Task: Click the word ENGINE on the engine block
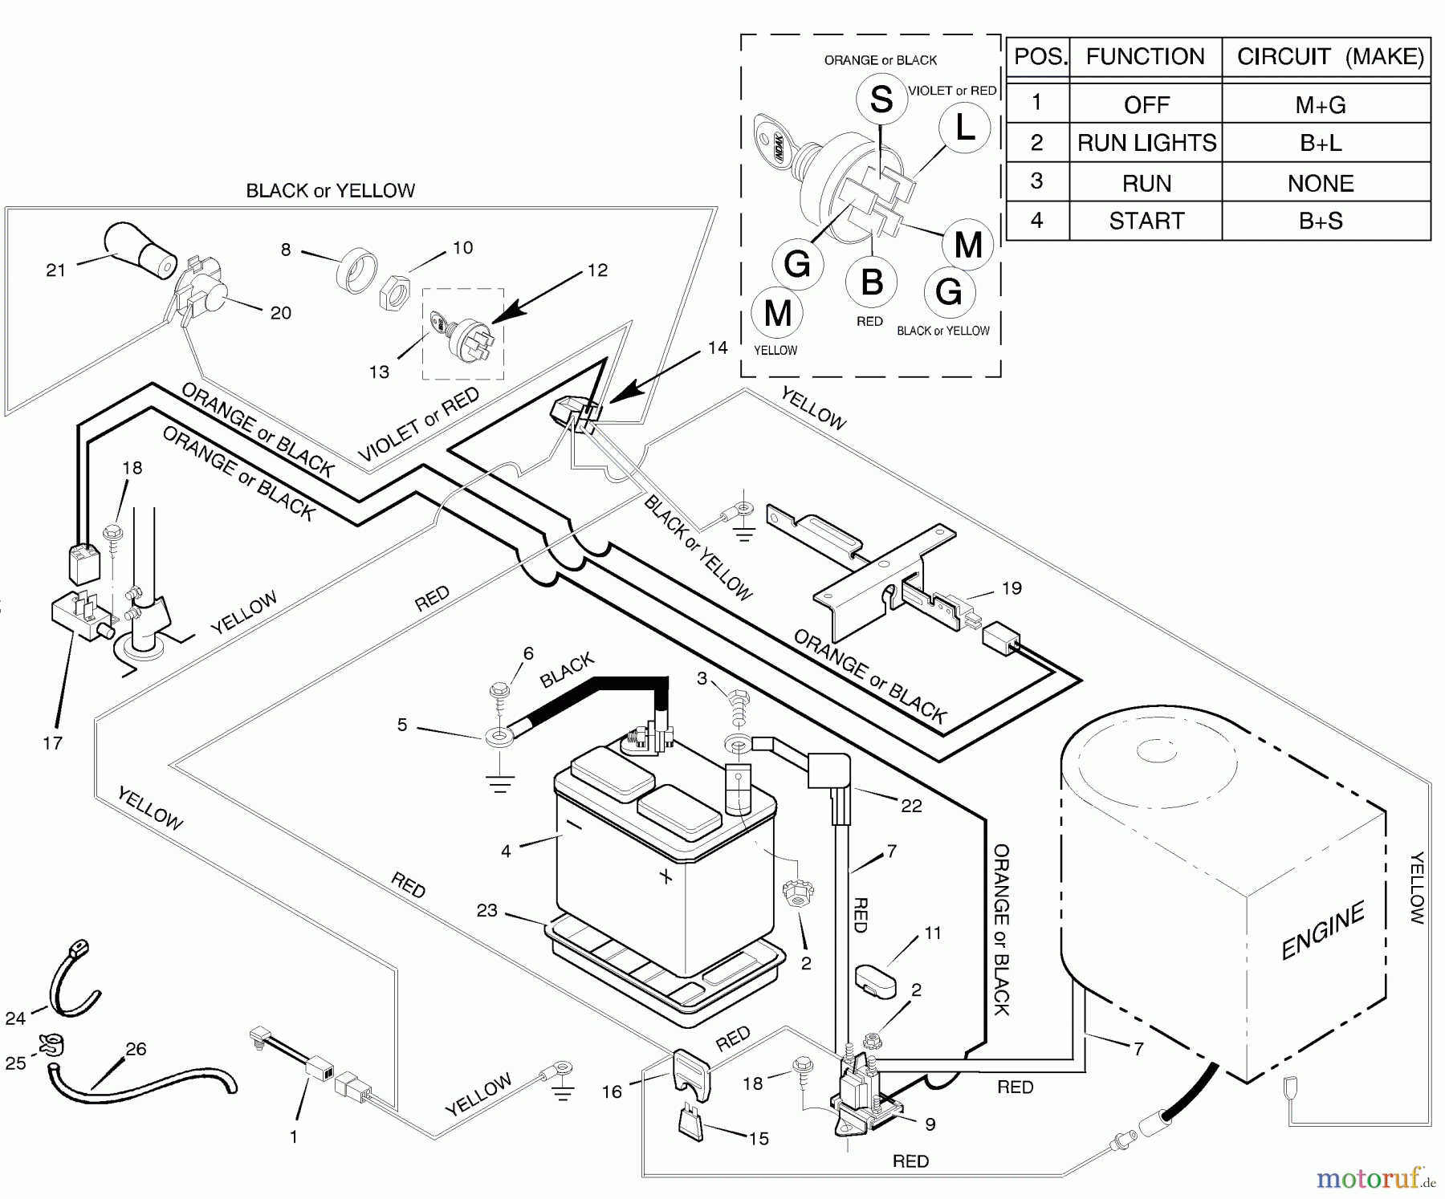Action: pyautogui.click(x=1322, y=930)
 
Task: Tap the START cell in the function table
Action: pyautogui.click(x=1146, y=221)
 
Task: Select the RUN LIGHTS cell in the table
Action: pyautogui.click(x=1146, y=143)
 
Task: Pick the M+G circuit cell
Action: pyautogui.click(x=1321, y=104)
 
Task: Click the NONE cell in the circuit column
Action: pyautogui.click(x=1321, y=184)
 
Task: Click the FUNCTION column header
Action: pyautogui.click(x=1146, y=57)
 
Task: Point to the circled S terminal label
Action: pyautogui.click(x=881, y=100)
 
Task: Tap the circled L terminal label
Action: pyautogui.click(x=965, y=128)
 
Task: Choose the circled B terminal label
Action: pyautogui.click(x=872, y=282)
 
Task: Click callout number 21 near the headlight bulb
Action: pyautogui.click(x=55, y=270)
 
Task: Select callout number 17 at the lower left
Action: pyautogui.click(x=53, y=743)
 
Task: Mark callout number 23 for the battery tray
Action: pyautogui.click(x=487, y=910)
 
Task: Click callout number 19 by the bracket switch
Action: pyautogui.click(x=1011, y=588)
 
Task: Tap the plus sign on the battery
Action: pyautogui.click(x=666, y=876)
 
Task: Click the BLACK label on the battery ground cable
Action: pyautogui.click(x=567, y=670)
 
